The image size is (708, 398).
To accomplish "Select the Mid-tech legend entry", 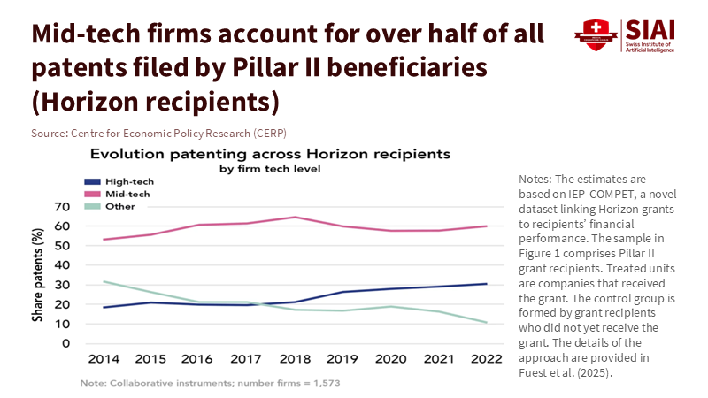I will tap(125, 192).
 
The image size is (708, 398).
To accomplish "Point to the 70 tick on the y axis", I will tap(61, 207).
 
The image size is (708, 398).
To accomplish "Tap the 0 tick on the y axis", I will tap(66, 343).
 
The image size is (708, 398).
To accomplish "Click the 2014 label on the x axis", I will tap(104, 361).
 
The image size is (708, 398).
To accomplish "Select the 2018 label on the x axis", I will tap(296, 361).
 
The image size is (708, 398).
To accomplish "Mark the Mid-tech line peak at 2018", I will tap(296, 217).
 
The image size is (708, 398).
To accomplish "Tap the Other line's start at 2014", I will tap(104, 281).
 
